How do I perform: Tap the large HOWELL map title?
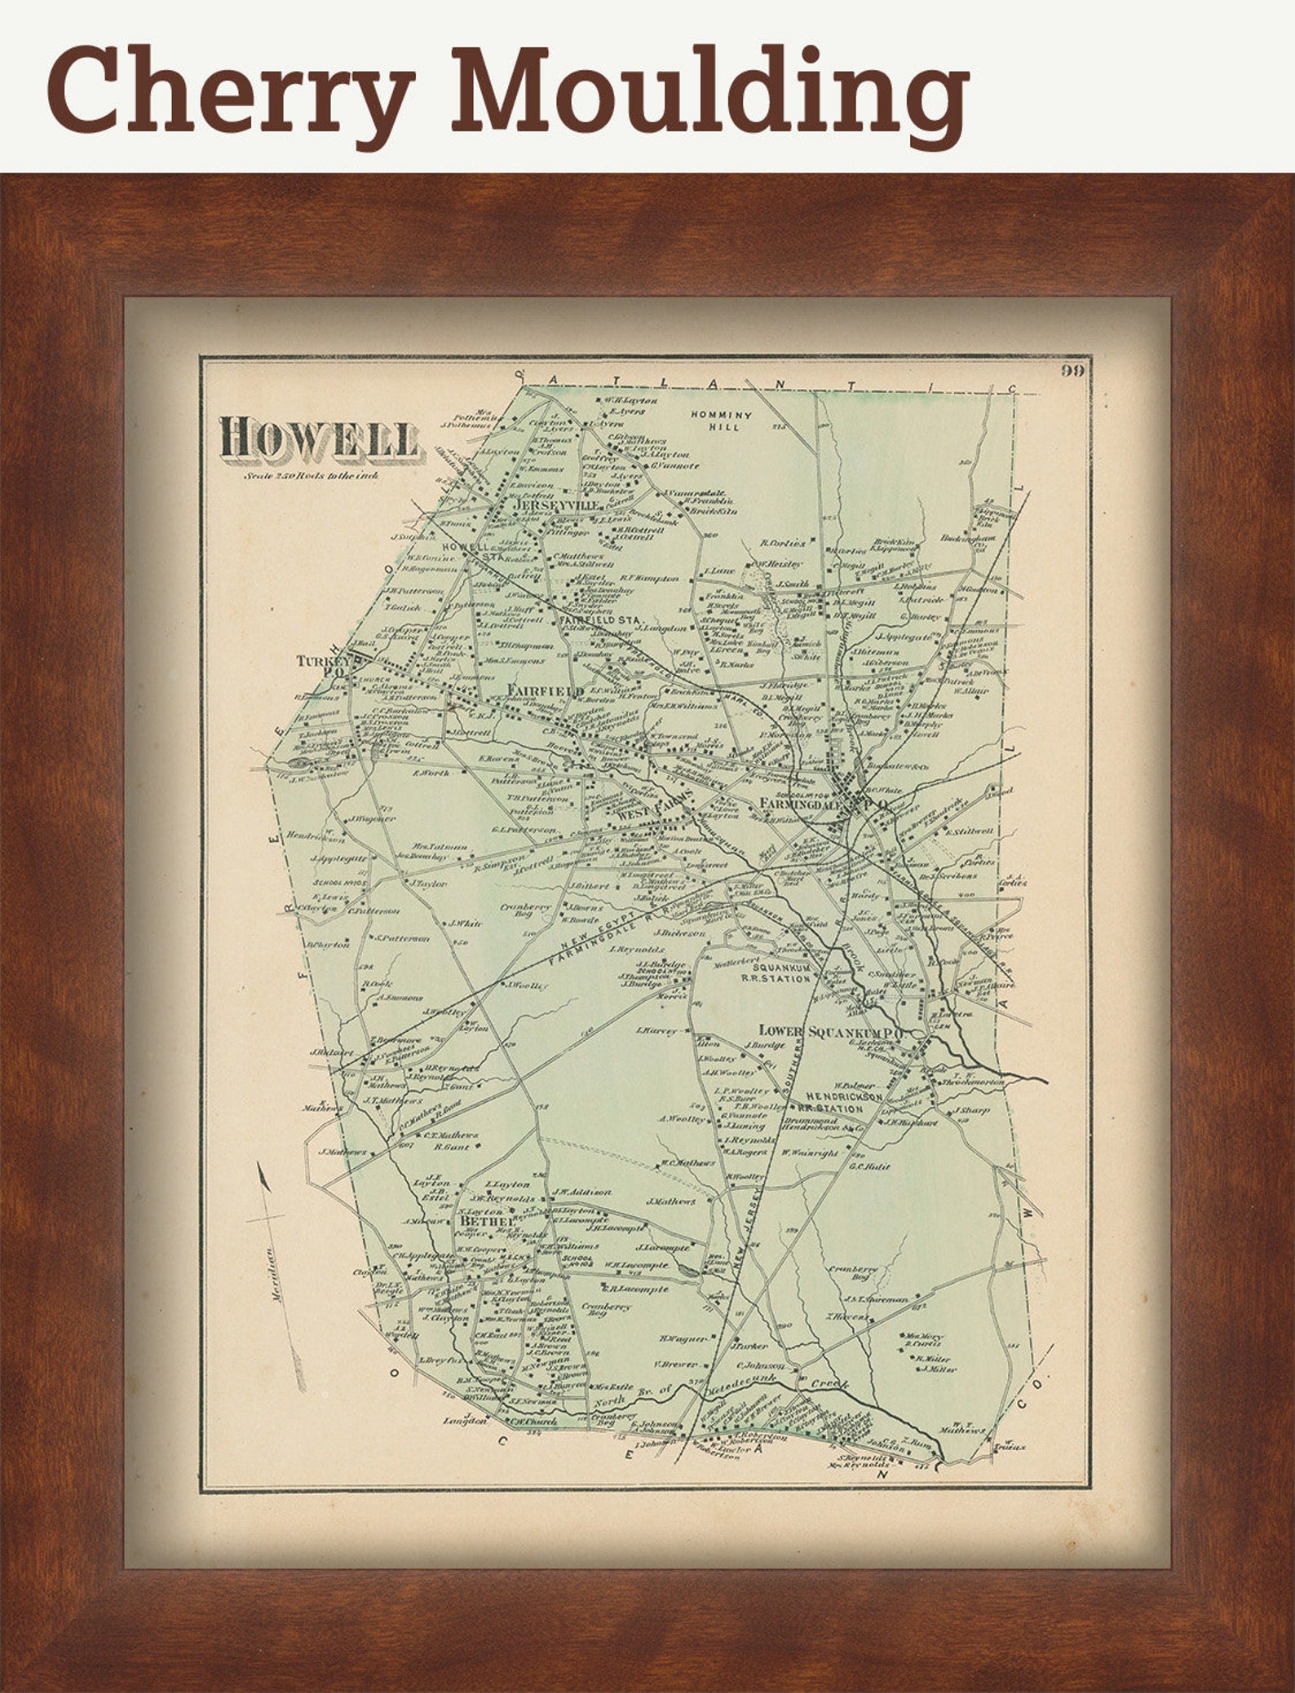(x=318, y=437)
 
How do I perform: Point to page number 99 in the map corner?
(x=1072, y=372)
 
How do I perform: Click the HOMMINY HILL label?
(x=721, y=420)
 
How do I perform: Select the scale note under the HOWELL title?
(x=310, y=474)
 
